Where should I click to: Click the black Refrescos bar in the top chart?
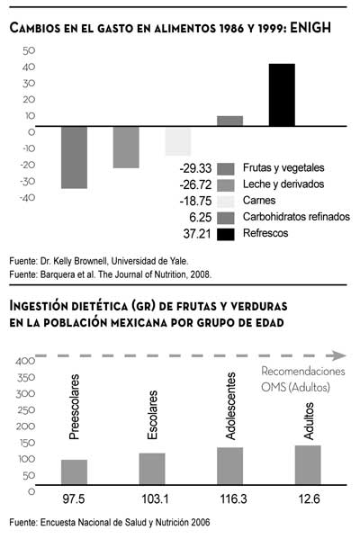pos(282,94)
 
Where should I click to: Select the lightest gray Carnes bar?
pos(178,141)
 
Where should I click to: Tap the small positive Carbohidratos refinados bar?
pos(229,121)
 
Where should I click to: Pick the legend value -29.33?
pos(195,168)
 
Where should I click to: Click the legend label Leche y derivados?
pos(283,184)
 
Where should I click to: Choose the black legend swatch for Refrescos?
pos(226,234)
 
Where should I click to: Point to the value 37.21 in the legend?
pos(197,234)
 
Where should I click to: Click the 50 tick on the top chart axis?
pos(29,51)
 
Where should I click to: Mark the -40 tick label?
pos(27,198)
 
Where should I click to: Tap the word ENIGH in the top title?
pos(310,28)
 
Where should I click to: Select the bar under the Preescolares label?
pos(75,472)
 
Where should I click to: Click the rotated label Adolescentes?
pos(230,406)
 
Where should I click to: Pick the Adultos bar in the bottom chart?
pos(308,465)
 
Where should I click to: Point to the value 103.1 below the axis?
pos(155,499)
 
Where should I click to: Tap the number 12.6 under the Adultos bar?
pos(309,499)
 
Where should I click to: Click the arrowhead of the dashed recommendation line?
pos(338,355)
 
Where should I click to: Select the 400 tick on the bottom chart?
pos(25,361)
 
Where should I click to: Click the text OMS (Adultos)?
pos(295,388)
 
